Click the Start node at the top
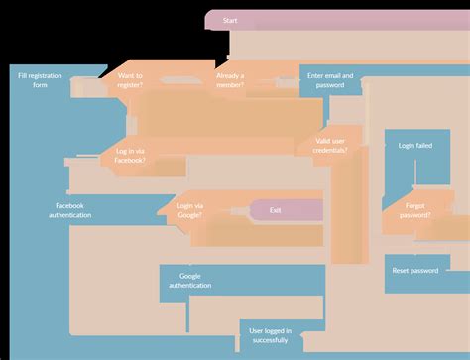pos(230,20)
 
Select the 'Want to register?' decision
pos(130,80)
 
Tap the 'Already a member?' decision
pos(230,80)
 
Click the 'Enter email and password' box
pos(330,80)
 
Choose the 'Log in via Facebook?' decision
pos(123,155)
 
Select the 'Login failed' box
pos(415,145)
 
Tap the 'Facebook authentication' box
pos(70,210)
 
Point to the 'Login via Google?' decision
pos(189,210)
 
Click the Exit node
pos(276,210)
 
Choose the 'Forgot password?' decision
pos(415,209)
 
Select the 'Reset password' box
pos(415,271)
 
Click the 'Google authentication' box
pos(190,281)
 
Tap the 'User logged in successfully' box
pos(269,335)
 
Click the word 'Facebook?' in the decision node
pos(129,160)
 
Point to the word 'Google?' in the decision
pos(189,215)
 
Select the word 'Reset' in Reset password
pos(402,271)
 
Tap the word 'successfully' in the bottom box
pos(269,340)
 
